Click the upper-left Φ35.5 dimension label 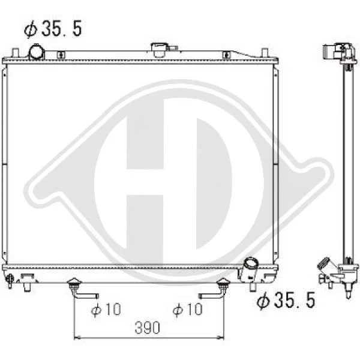53,28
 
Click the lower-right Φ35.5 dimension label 286,301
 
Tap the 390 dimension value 147,328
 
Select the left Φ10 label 106,309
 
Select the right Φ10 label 188,309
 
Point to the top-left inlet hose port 36,52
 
